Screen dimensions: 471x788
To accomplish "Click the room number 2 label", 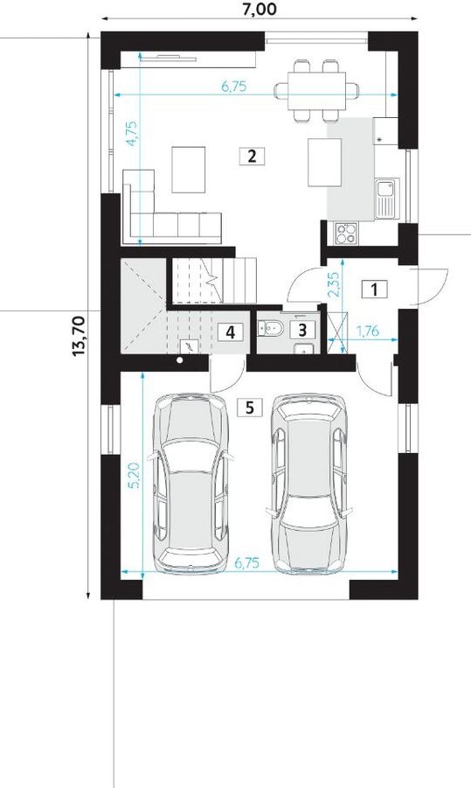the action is pos(252,156).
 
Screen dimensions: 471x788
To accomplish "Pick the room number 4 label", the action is pos(231,331).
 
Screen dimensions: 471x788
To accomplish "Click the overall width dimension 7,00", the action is pos(260,9).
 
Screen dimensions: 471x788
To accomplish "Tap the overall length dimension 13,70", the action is pos(80,335).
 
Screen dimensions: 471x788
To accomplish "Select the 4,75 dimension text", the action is pos(132,133).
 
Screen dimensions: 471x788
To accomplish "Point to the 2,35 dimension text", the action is pos(335,285).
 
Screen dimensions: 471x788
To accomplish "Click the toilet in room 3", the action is pos(270,329).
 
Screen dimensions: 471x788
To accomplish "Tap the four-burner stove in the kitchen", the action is pos(346,233).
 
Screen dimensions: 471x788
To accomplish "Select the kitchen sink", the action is pos(386,199).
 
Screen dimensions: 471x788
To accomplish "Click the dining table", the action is pos(317,90).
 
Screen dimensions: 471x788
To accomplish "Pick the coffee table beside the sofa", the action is pos(188,170).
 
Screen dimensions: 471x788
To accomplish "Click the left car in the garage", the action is pos(190,483).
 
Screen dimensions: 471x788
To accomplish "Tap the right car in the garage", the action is pos(308,483).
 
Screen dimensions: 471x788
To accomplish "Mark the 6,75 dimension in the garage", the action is pos(247,563).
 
